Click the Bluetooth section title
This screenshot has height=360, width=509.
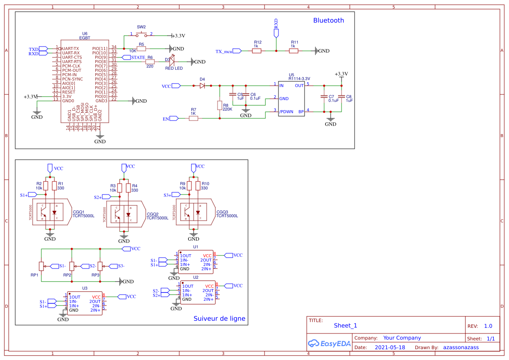328,20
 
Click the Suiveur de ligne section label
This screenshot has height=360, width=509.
219,319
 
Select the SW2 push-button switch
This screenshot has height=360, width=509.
141,35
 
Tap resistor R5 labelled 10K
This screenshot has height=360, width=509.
141,49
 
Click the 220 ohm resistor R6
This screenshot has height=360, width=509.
150,62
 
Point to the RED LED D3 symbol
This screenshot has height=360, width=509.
171,62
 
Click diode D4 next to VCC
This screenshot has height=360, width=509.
202,86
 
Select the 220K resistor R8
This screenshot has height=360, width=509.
220,106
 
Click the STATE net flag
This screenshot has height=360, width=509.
134,57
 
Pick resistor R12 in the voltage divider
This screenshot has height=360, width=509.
257,51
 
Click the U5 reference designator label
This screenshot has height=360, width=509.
291,75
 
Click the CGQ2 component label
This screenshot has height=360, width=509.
152,214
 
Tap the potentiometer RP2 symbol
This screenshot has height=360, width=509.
72,266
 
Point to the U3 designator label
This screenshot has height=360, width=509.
85,288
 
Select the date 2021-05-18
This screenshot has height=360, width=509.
389,347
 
